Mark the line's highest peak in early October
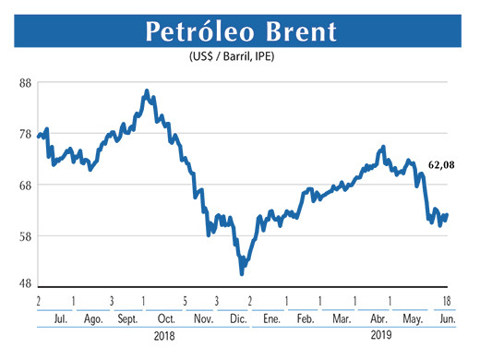147,91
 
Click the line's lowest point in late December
242,273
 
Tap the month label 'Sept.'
126,318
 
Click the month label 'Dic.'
236,318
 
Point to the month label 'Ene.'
270,318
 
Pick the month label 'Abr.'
378,318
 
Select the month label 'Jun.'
446,318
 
